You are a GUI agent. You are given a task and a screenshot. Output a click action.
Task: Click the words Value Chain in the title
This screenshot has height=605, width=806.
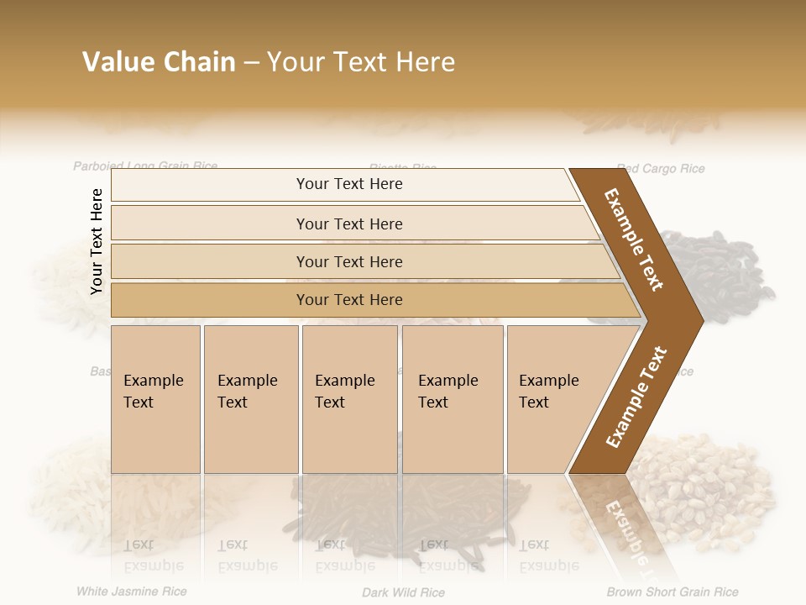[x=159, y=62]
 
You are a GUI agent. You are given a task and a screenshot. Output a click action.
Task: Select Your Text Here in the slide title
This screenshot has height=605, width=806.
[x=361, y=62]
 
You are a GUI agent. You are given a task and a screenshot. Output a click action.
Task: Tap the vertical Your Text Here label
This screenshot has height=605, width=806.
[x=97, y=241]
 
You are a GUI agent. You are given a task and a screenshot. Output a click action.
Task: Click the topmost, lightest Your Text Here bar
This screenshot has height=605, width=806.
[x=348, y=184]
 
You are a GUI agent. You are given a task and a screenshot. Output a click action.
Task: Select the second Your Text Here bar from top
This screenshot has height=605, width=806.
[x=348, y=224]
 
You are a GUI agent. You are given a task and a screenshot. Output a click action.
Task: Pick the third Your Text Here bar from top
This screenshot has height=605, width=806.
[x=348, y=261]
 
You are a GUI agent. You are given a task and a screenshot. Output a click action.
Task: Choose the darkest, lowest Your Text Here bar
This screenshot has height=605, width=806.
[x=348, y=300]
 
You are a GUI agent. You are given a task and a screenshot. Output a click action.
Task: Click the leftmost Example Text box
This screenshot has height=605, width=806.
[x=155, y=399]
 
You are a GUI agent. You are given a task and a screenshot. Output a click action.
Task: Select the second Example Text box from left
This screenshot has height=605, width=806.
[x=250, y=399]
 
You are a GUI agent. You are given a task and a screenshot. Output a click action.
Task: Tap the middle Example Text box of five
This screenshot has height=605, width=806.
[x=349, y=399]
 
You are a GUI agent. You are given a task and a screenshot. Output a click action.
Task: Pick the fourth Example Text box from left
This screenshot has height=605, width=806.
[x=453, y=399]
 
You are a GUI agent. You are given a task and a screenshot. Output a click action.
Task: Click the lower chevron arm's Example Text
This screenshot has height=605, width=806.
[x=636, y=397]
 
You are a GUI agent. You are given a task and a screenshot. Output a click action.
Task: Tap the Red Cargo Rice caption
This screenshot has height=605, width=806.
[x=661, y=169]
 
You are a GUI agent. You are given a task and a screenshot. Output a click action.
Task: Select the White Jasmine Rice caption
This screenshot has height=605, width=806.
[x=132, y=592]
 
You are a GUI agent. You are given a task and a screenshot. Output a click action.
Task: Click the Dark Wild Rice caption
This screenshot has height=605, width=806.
[x=403, y=592]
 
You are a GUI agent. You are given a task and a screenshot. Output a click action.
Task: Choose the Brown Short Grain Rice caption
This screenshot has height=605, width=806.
[x=673, y=592]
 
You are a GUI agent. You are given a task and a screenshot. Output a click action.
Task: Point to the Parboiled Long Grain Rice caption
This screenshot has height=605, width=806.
[x=145, y=166]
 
